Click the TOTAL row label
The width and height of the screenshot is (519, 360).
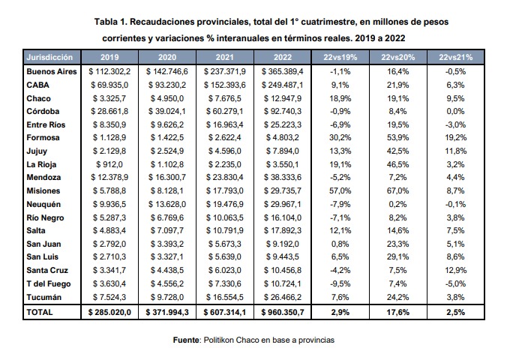coord(40,310)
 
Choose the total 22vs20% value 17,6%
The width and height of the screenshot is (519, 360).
coord(394,310)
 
